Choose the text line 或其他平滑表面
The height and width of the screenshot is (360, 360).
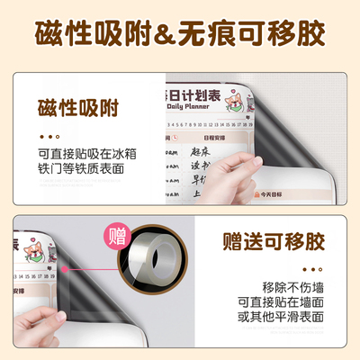tap(280, 316)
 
